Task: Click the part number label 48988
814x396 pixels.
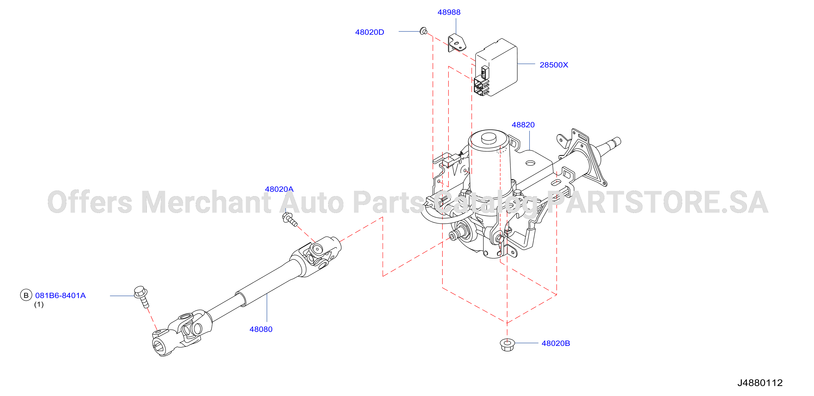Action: tap(449, 12)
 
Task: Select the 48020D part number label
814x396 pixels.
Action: tap(369, 32)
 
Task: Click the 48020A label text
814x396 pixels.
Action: tap(279, 189)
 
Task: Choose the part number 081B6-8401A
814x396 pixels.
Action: tap(60, 295)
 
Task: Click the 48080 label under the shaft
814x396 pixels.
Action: tap(261, 329)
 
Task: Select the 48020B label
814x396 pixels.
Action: tap(556, 343)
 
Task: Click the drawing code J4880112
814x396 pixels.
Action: tap(760, 383)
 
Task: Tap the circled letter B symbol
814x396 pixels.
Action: tap(26, 295)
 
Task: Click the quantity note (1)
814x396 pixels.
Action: tap(39, 304)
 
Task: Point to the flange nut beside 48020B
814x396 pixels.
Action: tap(507, 344)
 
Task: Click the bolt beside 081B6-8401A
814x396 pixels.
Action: tap(141, 296)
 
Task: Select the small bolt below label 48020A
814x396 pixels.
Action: tap(290, 219)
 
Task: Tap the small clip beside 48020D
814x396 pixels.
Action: tap(424, 31)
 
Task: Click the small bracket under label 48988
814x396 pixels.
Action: tap(457, 43)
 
